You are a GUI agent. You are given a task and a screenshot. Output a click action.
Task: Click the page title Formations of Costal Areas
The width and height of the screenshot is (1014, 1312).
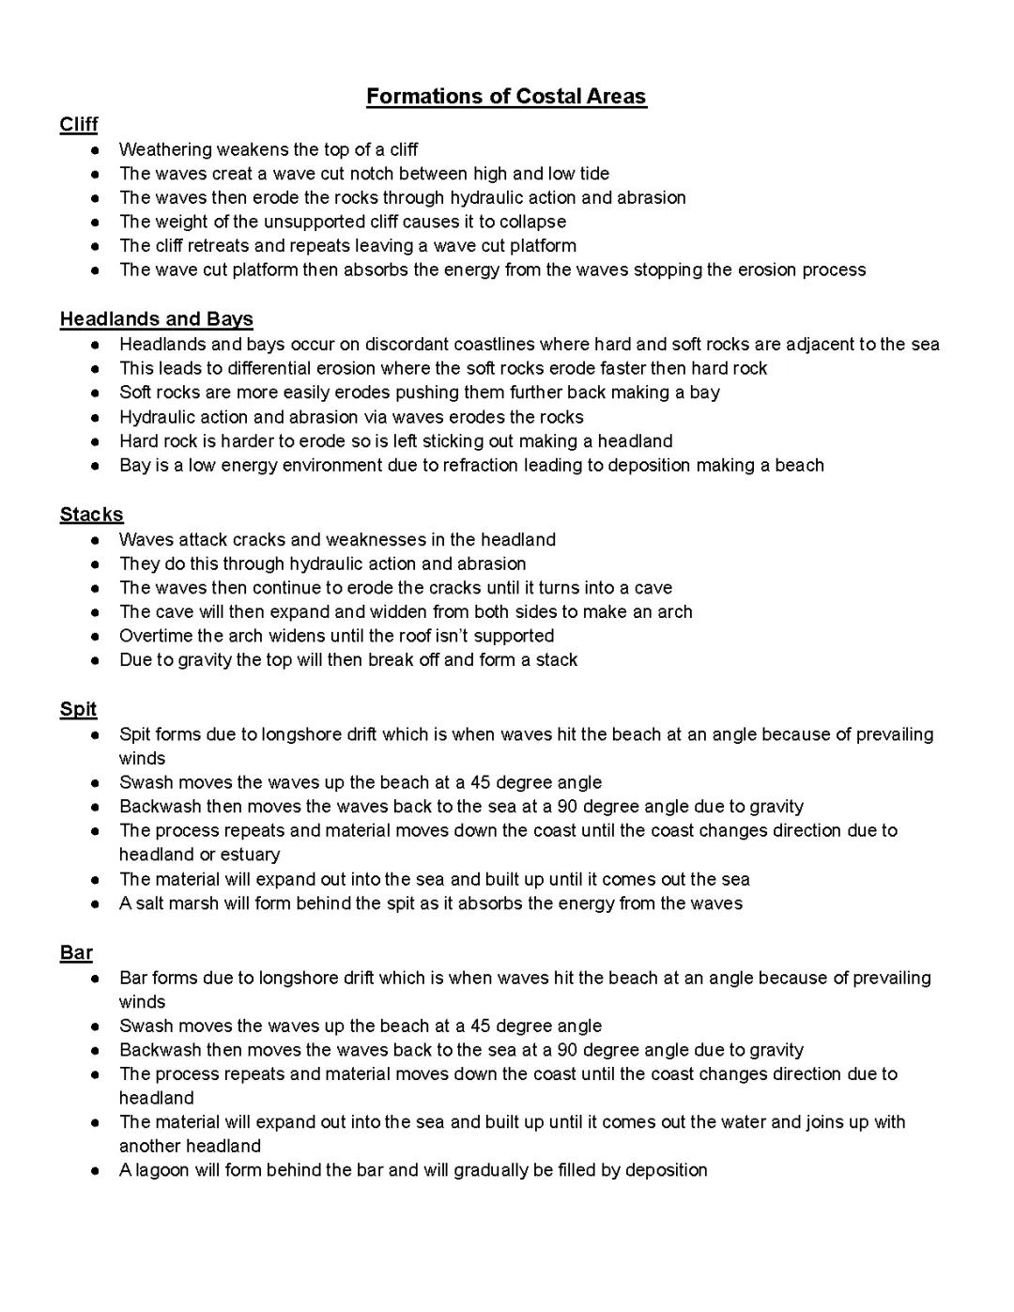tap(506, 97)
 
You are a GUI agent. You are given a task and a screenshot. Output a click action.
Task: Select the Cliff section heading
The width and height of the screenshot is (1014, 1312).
tap(79, 125)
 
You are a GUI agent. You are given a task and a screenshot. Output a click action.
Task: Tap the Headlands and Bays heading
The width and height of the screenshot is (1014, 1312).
tap(156, 319)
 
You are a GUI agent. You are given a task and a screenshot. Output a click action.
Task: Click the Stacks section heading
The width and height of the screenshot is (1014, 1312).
tap(91, 515)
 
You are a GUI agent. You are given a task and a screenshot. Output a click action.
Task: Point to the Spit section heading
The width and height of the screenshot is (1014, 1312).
tap(78, 709)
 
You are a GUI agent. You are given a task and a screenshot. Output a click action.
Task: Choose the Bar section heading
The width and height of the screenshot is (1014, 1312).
tap(76, 953)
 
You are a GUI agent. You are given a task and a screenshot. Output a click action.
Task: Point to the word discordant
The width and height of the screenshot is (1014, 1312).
tap(412, 345)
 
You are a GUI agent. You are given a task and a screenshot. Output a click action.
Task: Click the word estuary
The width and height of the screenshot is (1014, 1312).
tap(251, 855)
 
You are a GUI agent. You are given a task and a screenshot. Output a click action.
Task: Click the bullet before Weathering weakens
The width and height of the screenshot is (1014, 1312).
tap(95, 150)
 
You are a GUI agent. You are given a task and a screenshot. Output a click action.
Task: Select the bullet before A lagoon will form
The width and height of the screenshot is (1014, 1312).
tap(95, 1171)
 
